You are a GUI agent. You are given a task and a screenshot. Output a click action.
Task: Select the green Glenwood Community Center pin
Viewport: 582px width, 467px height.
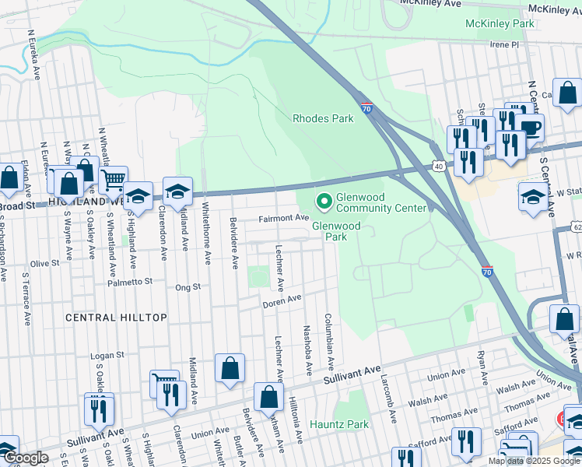[324, 202]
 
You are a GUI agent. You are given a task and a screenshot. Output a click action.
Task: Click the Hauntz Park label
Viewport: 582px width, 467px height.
[338, 425]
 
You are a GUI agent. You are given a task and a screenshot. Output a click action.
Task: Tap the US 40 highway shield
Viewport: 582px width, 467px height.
[439, 167]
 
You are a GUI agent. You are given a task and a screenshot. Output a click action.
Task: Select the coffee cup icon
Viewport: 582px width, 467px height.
[531, 127]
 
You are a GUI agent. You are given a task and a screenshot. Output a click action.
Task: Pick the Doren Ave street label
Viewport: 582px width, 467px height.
[282, 300]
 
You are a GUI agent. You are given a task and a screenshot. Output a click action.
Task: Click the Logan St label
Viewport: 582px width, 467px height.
[107, 355]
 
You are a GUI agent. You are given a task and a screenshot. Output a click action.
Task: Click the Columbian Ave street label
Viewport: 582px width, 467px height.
[330, 341]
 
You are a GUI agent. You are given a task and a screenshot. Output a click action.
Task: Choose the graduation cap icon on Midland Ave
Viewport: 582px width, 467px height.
[177, 191]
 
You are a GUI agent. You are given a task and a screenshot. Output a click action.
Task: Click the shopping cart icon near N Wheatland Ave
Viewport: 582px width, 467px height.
[114, 180]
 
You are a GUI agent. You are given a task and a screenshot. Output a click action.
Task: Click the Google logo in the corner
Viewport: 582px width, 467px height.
[25, 458]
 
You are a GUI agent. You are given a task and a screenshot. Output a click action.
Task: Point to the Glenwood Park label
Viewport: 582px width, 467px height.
[336, 231]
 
